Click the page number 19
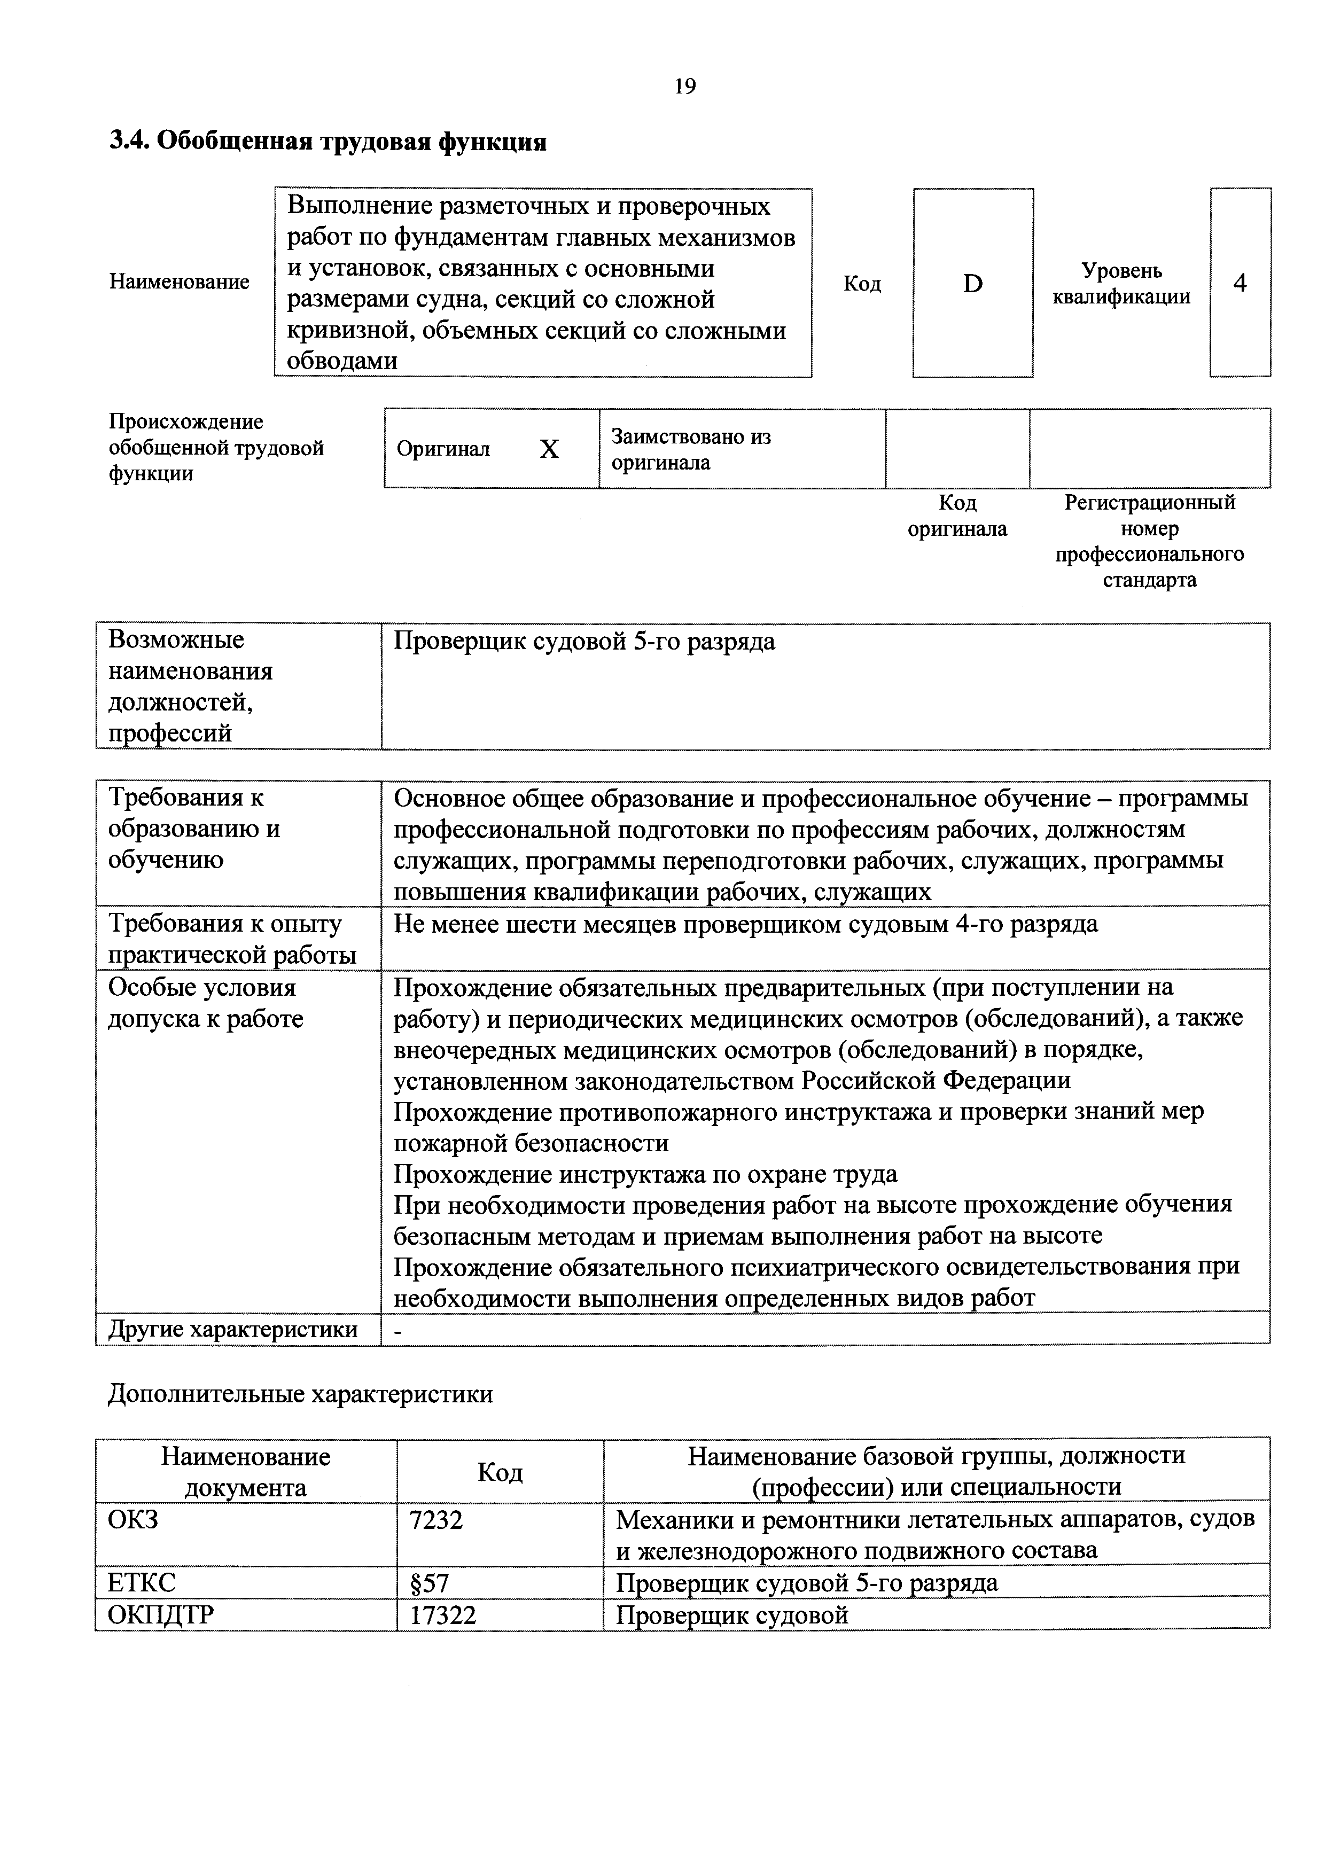click(x=685, y=85)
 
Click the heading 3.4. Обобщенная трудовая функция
click(x=328, y=142)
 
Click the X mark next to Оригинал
click(x=549, y=449)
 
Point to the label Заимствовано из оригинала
click(x=691, y=449)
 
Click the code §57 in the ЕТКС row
click(x=430, y=1583)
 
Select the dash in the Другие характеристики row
click(x=399, y=1330)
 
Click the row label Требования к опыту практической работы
click(x=232, y=939)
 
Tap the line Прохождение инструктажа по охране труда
click(x=645, y=1174)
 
